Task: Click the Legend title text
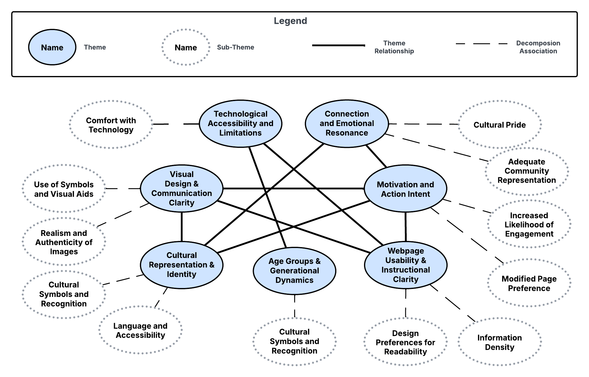pyautogui.click(x=290, y=21)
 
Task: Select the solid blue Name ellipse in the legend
pyautogui.click(x=52, y=47)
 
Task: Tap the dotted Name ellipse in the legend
pyautogui.click(x=186, y=47)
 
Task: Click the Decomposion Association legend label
pyautogui.click(x=538, y=47)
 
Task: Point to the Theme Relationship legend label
pyautogui.click(x=394, y=47)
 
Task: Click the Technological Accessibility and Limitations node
pyautogui.click(x=240, y=123)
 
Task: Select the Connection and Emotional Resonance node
pyautogui.click(x=347, y=123)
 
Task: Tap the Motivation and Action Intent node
pyautogui.click(x=405, y=188)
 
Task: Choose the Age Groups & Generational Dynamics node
pyautogui.click(x=294, y=271)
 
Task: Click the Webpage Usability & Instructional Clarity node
pyautogui.click(x=406, y=265)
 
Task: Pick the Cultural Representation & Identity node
pyautogui.click(x=181, y=265)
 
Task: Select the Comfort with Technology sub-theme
pyautogui.click(x=111, y=125)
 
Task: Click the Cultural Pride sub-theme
pyautogui.click(x=499, y=125)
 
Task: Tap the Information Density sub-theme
pyautogui.click(x=499, y=342)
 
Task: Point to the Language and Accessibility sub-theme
pyautogui.click(x=140, y=330)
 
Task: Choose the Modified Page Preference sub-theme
pyautogui.click(x=529, y=283)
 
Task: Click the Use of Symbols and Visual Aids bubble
pyautogui.click(x=64, y=189)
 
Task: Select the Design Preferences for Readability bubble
pyautogui.click(x=405, y=342)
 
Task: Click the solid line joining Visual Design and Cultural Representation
pyautogui.click(x=181, y=227)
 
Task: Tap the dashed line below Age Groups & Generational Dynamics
pyautogui.click(x=294, y=306)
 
